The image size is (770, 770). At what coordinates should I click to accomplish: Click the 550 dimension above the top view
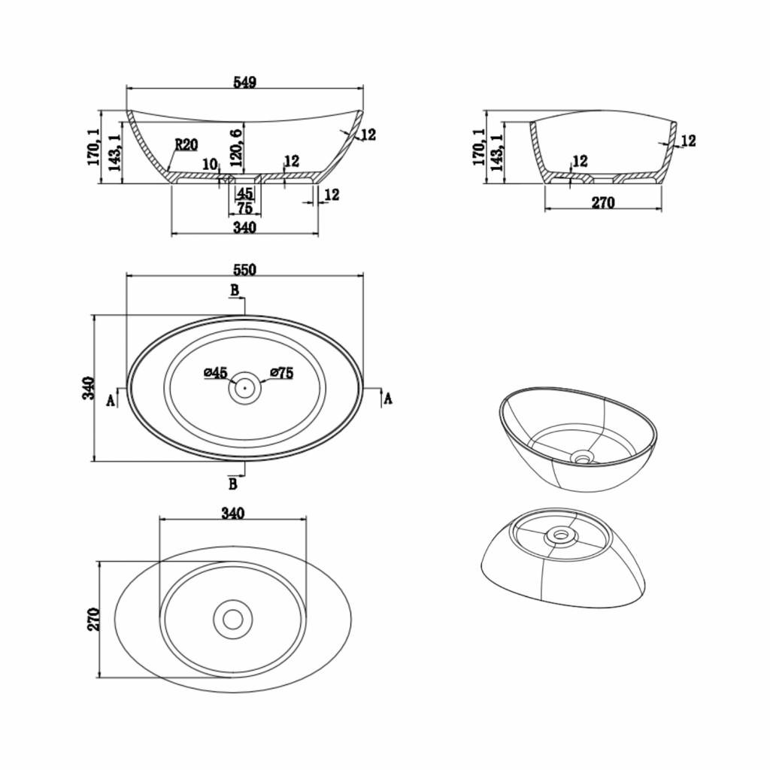pos(244,270)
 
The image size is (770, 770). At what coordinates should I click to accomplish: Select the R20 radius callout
pos(186,144)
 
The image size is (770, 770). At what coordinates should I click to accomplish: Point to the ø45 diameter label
pos(216,373)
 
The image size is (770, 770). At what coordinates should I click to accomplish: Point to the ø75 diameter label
pos(282,373)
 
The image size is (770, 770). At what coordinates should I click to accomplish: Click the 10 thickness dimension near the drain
pos(210,164)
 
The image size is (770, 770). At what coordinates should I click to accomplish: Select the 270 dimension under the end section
pos(603,202)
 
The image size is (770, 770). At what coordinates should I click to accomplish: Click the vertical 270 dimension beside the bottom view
pos(93,620)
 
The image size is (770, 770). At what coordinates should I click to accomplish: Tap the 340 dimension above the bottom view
pos(233,513)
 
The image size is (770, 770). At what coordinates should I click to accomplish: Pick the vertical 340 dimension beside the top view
pos(87,388)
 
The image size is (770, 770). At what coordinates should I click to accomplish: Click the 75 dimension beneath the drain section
pos(244,208)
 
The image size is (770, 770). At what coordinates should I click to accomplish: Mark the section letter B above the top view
pos(235,290)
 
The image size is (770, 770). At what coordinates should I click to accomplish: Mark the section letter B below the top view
pos(233,484)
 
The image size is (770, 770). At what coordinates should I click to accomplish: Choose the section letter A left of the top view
pos(111,401)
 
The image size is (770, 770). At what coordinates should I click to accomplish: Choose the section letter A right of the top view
pos(388,399)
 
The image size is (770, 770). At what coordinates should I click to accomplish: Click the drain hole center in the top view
pos(244,387)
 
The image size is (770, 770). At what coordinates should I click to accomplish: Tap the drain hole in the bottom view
pos(233,620)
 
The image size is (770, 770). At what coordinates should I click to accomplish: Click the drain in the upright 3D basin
pos(584,458)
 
